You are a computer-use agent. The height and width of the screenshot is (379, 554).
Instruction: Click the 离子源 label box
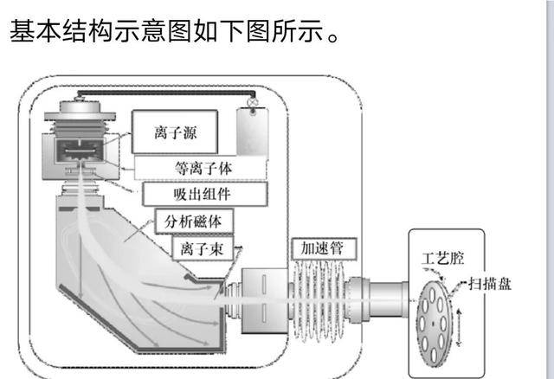175,132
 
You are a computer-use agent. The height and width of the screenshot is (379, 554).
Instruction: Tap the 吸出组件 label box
205,194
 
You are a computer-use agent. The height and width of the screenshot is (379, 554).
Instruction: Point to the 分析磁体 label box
194,222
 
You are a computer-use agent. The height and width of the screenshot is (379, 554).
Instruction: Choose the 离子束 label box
203,248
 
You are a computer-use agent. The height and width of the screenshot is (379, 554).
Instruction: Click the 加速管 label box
324,248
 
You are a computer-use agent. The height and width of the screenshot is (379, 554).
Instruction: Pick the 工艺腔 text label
442,258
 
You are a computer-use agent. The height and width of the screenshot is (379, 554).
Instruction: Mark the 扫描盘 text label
491,283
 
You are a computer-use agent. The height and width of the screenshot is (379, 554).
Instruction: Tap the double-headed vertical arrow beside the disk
459,327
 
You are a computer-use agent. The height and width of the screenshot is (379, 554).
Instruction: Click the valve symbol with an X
253,103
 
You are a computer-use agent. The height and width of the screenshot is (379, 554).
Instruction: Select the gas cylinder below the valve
253,132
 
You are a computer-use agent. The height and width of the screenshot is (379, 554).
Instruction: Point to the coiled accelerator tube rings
319,301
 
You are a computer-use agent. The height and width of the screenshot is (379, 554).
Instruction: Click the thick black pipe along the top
166,93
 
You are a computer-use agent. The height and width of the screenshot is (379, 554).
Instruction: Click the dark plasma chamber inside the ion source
81,150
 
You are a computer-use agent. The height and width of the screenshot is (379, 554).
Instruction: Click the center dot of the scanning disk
433,324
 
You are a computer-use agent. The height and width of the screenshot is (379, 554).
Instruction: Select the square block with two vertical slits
264,300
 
